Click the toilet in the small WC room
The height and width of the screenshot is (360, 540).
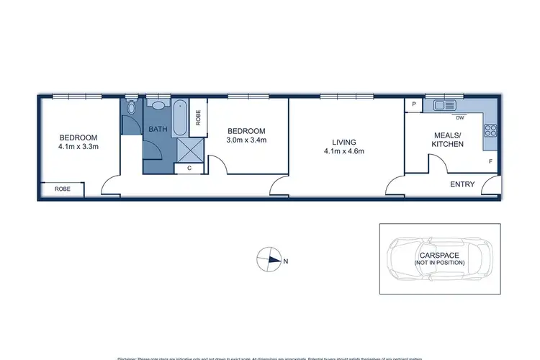coord(130,108)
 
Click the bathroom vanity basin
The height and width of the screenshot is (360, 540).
coord(158,105)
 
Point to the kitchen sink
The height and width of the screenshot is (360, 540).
coord(441,106)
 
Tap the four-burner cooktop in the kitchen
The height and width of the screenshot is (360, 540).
coord(491,130)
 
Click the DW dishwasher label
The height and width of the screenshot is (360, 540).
coord(459,117)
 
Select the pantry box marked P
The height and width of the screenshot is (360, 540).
coord(414,105)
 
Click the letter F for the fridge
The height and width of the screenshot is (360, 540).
coord(490,162)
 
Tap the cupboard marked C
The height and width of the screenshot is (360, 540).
coord(189,168)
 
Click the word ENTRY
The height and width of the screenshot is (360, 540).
coord(462,184)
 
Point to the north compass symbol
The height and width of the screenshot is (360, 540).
coord(271,260)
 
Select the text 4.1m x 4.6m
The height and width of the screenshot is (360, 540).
coord(345,151)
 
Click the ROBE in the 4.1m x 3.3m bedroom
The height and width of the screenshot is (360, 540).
coord(61,190)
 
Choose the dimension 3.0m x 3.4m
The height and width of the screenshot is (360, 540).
coord(247,140)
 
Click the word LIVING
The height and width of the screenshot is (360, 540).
coord(345,142)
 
